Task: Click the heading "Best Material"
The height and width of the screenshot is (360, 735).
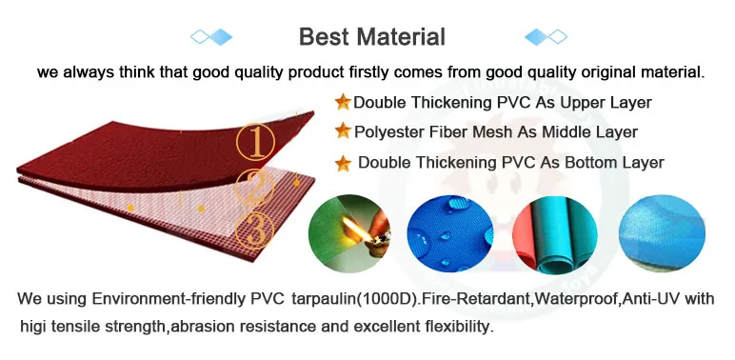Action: (x=372, y=36)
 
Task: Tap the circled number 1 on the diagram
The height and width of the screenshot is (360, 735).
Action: (x=256, y=142)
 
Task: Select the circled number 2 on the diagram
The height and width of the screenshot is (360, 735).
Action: (x=254, y=188)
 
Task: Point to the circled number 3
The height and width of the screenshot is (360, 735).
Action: (x=254, y=230)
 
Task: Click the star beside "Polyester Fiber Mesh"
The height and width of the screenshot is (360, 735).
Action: (x=343, y=130)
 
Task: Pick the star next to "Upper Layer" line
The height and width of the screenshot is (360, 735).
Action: (x=343, y=102)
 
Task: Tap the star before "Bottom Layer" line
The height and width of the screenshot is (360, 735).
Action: (x=343, y=164)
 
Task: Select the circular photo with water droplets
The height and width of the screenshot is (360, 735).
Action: (x=450, y=233)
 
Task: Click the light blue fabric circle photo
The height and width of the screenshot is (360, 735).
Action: (x=662, y=233)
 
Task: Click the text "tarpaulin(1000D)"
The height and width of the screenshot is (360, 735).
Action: (x=354, y=299)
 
